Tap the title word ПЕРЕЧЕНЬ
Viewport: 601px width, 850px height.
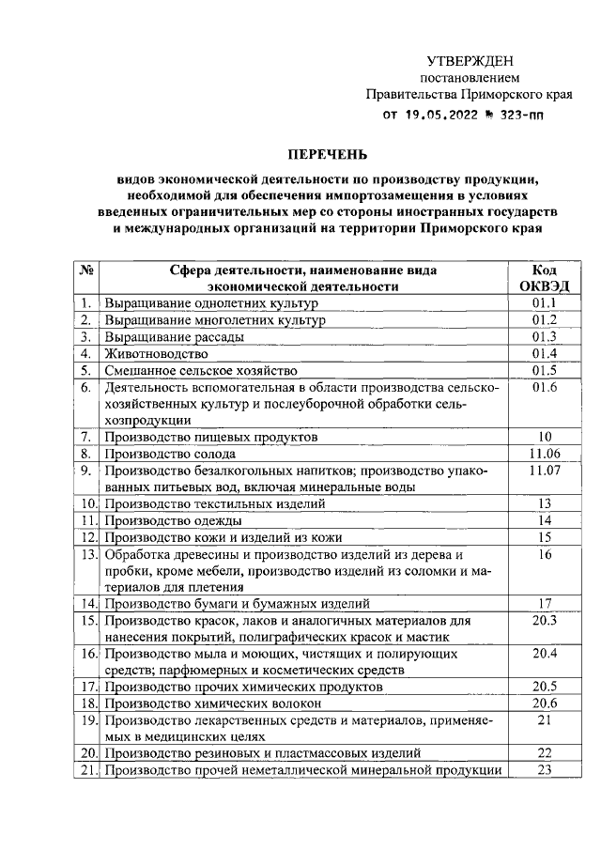[x=328, y=153]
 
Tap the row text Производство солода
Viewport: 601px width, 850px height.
[x=170, y=454]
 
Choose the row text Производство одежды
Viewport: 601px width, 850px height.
[x=174, y=520]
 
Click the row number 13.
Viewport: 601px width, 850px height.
[x=87, y=554]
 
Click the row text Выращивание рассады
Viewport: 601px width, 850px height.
[x=175, y=337]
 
